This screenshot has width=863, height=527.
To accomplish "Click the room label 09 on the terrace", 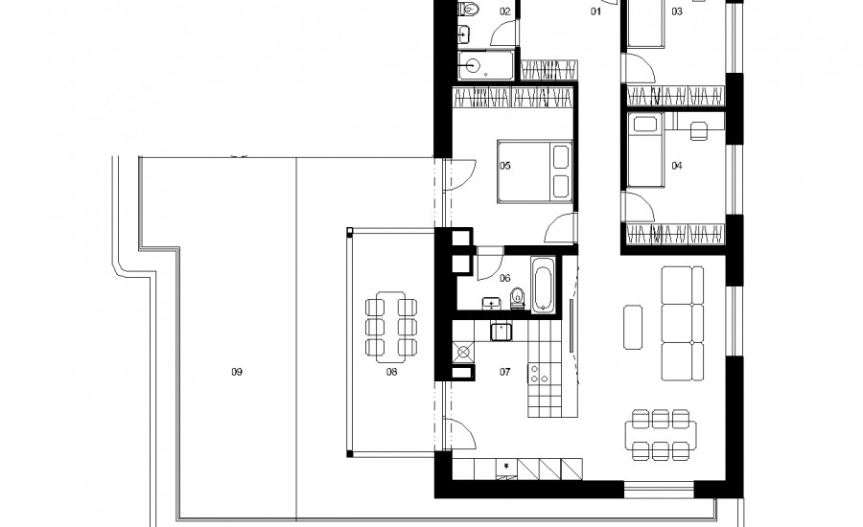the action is pos(237,372).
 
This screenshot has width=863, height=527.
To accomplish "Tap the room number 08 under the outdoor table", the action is pos(391,372).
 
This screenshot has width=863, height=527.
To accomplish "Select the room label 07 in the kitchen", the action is pos(504,372).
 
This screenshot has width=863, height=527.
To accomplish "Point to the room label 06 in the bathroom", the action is pos(504,279).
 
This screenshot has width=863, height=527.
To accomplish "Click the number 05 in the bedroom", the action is pos(504,166).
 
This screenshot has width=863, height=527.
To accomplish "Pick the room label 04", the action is pos(676,166).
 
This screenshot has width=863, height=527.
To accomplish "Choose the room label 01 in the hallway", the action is pos(595,11).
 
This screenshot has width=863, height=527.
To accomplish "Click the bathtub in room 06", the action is pos(543,285).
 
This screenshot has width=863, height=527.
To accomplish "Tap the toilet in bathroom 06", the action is pos(518,298).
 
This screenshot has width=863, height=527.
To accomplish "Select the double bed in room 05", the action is pos(534,172).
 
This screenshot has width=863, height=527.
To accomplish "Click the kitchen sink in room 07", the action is pos(501,332).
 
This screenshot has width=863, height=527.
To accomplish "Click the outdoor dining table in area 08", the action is pos(391,327).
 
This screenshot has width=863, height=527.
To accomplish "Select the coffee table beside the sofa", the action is pos(633,328).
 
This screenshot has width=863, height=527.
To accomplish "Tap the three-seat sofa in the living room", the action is pos(683,324).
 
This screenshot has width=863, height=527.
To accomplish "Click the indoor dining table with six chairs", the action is pos(661,434).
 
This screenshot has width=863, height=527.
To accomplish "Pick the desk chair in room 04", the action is pos(698,131).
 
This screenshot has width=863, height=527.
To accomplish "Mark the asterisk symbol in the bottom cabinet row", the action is pos(506,466).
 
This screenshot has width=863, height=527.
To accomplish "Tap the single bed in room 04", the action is pos(646,150).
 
